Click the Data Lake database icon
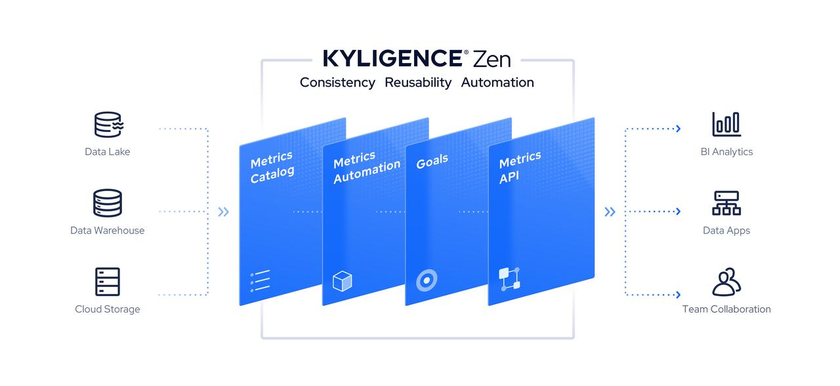tap(108, 124)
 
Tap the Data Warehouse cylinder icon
tap(108, 203)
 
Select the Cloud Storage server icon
tap(108, 282)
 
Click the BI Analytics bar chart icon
tap(726, 124)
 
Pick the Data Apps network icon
tap(726, 203)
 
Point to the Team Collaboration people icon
tap(726, 282)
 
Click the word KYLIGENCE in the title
tap(392, 58)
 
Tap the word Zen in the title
tap(491, 58)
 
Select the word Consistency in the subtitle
tap(337, 82)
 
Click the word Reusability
tap(418, 82)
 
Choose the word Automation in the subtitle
tap(497, 82)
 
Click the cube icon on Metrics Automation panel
tap(343, 282)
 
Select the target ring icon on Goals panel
tap(426, 280)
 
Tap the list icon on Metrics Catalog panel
tap(260, 282)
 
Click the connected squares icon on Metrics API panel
tap(509, 279)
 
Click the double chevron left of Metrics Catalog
tap(224, 212)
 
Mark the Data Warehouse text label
tap(108, 230)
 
